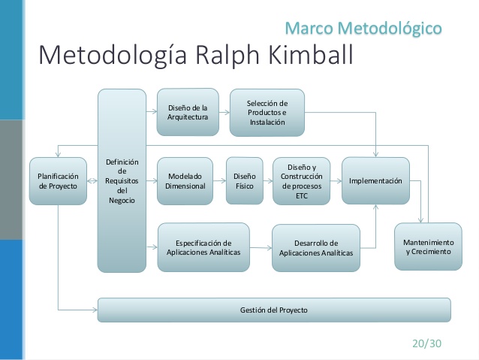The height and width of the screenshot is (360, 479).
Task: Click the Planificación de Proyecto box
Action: click(x=58, y=181)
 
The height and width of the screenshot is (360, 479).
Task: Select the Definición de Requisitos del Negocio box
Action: click(x=121, y=180)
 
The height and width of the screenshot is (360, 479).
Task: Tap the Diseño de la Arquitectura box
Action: click(x=187, y=113)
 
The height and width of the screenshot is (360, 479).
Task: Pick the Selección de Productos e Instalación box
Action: click(x=267, y=113)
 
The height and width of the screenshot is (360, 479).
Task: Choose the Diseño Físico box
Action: click(x=245, y=181)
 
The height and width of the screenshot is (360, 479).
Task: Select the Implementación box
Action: click(x=375, y=181)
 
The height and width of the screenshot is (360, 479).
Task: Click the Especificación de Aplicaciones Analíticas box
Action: click(x=203, y=247)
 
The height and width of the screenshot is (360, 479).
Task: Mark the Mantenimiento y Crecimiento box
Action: click(x=428, y=247)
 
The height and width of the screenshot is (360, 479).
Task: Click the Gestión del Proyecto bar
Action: click(x=273, y=310)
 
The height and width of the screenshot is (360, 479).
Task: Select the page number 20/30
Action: click(x=426, y=343)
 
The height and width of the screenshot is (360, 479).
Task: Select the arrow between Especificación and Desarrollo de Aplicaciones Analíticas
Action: click(x=261, y=248)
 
